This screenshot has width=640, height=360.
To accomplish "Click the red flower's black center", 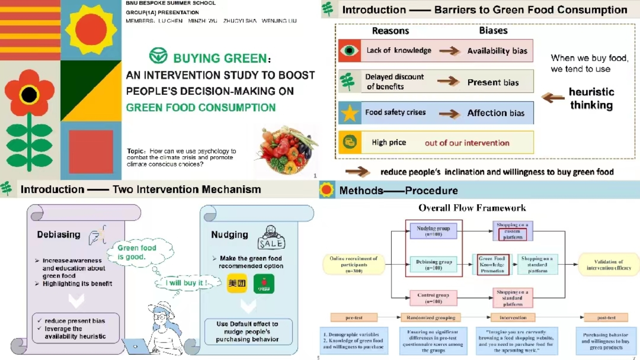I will click(x=29, y=95).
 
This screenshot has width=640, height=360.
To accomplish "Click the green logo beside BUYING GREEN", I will click(x=158, y=56).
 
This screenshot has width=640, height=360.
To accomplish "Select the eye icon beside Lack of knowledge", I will click(x=349, y=50).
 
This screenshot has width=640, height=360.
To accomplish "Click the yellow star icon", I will click(x=349, y=113).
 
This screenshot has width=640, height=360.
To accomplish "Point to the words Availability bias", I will click(x=497, y=51).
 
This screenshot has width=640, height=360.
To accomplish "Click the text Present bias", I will click(x=493, y=82).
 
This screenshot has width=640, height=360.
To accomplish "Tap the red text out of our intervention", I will click(x=467, y=143).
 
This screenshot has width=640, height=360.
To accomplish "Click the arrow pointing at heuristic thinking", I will click(x=553, y=98).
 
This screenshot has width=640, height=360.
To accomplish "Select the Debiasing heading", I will click(x=59, y=235).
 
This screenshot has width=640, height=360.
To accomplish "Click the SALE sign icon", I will click(x=271, y=238).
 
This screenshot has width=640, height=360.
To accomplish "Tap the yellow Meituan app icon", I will click(x=237, y=283).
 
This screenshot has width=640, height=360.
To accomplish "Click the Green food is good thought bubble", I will click(x=137, y=253).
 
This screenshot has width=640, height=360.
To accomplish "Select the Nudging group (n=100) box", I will click(x=433, y=231).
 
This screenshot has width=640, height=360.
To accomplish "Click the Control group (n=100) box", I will click(x=433, y=298).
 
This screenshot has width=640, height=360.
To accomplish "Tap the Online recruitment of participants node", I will click(x=354, y=264).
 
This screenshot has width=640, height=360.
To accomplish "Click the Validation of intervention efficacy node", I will click(x=608, y=265).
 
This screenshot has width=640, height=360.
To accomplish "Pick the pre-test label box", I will click(x=354, y=317).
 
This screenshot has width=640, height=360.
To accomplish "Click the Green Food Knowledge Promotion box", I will click(x=492, y=265).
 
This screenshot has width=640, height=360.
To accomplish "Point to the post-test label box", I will click(x=606, y=317).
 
